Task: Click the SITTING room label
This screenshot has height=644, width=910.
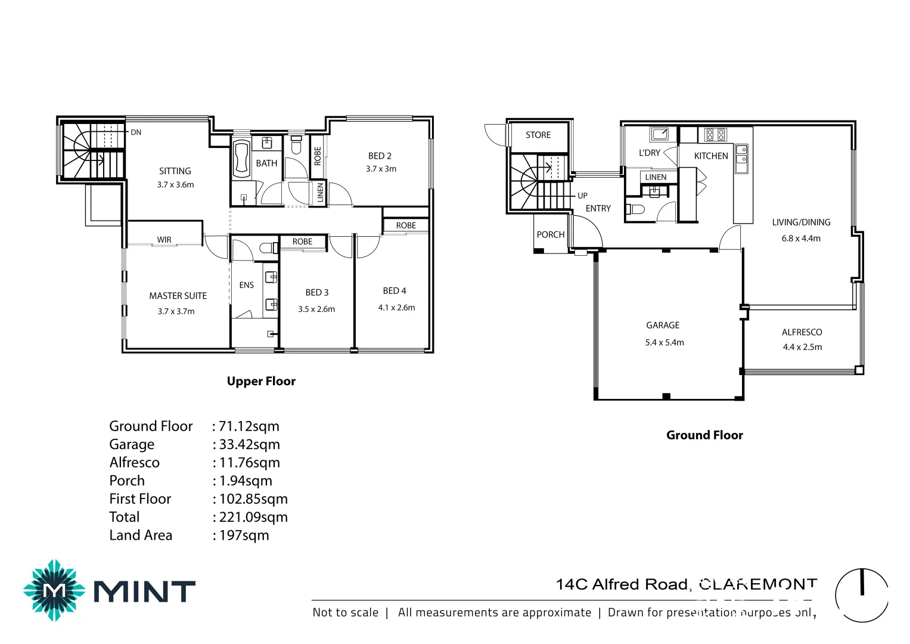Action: click(175, 171)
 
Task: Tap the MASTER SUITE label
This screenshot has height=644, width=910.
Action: click(178, 296)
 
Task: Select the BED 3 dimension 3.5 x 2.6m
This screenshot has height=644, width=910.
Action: click(316, 309)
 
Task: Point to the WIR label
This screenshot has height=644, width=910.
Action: click(164, 240)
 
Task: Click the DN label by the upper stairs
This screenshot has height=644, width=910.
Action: click(136, 132)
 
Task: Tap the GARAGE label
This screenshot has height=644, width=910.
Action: click(663, 326)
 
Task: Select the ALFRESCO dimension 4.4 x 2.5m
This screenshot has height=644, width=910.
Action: click(802, 347)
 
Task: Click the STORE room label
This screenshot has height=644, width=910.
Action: click(538, 135)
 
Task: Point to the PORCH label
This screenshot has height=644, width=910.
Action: click(550, 235)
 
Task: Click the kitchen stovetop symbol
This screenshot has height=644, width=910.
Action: click(715, 135)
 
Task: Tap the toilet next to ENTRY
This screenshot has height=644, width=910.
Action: click(636, 209)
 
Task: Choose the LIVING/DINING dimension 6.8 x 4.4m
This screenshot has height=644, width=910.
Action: click(801, 239)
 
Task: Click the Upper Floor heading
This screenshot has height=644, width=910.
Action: click(261, 382)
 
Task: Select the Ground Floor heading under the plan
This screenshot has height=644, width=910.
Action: click(704, 435)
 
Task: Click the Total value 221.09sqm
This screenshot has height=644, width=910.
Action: click(253, 517)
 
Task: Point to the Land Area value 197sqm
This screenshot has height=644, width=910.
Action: click(244, 535)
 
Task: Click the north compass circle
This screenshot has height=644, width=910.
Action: click(861, 595)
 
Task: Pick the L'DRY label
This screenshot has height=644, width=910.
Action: click(649, 153)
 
